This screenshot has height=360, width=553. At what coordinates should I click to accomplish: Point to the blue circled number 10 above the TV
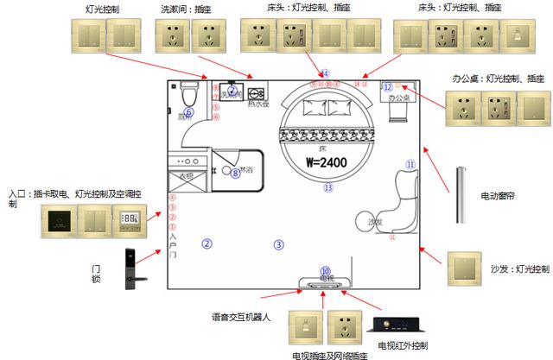point(326,270)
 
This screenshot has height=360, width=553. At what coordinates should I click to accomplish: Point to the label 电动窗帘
point(499,196)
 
